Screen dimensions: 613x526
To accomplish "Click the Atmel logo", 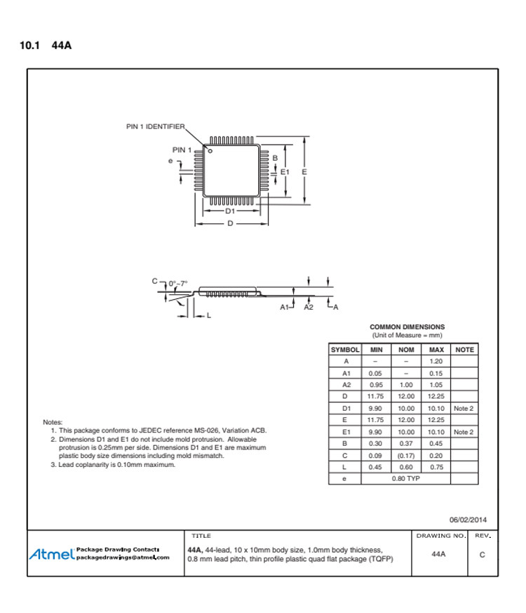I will (x=51, y=554).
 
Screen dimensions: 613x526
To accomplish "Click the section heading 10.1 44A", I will (x=46, y=46).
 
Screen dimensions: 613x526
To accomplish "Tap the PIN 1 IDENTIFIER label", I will (x=155, y=127).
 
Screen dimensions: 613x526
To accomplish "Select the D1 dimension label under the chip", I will (x=229, y=211).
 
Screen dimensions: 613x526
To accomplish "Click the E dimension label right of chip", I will (x=304, y=171).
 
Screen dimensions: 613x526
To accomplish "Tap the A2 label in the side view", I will (x=309, y=308).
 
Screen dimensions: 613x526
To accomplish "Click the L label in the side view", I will (x=208, y=316).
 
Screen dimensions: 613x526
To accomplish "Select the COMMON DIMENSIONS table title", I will (x=407, y=327).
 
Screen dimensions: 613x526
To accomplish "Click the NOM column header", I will (x=406, y=350).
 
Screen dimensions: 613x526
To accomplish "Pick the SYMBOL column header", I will (x=345, y=350).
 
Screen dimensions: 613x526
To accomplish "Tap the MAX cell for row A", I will (x=436, y=361).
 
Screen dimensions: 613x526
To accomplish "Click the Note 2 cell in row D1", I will (x=464, y=408).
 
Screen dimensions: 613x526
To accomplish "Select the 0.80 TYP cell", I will (x=405, y=478).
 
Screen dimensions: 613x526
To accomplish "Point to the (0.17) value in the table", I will (x=406, y=455).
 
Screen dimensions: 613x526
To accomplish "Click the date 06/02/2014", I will (x=468, y=520).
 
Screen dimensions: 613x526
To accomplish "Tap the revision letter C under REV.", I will (x=482, y=554).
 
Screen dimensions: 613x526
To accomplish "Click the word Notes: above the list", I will (x=53, y=422).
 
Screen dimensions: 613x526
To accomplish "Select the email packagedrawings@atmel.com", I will (x=123, y=558).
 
